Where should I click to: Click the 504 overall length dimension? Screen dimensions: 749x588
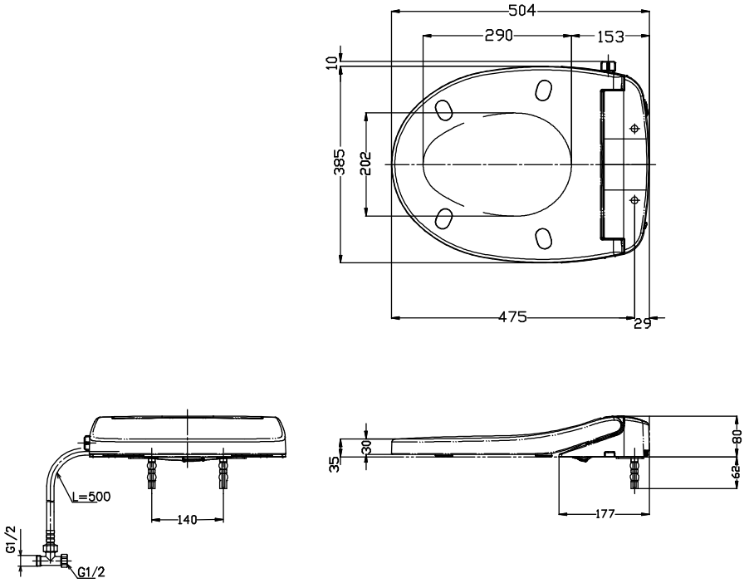pyautogui.click(x=521, y=11)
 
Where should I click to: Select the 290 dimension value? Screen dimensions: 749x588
pyautogui.click(x=499, y=36)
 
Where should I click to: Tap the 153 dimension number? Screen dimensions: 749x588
pyautogui.click(x=610, y=37)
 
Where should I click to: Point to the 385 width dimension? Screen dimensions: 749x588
pyautogui.click(x=339, y=163)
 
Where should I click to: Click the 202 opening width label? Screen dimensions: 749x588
pyautogui.click(x=365, y=164)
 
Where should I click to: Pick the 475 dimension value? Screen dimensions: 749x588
pyautogui.click(x=512, y=317)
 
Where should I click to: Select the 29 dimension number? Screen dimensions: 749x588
pyautogui.click(x=643, y=324)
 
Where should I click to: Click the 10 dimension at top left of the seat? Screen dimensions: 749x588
pyautogui.click(x=332, y=62)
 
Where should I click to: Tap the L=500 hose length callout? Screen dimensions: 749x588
pyautogui.click(x=91, y=497)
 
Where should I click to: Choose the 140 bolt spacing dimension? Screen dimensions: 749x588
pyautogui.click(x=187, y=520)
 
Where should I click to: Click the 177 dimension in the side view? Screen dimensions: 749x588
pyautogui.click(x=605, y=514)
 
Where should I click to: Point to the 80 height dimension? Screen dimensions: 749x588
pyautogui.click(x=738, y=436)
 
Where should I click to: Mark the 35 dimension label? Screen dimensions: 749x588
pyautogui.click(x=335, y=464)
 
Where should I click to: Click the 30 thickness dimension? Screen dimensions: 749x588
pyautogui.click(x=366, y=448)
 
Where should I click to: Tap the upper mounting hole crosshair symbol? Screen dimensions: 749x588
pyautogui.click(x=634, y=129)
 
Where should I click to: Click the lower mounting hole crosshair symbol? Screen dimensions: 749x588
pyautogui.click(x=634, y=200)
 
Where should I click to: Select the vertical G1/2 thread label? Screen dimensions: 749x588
pyautogui.click(x=11, y=540)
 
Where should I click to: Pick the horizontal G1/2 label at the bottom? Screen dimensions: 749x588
pyautogui.click(x=91, y=571)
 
